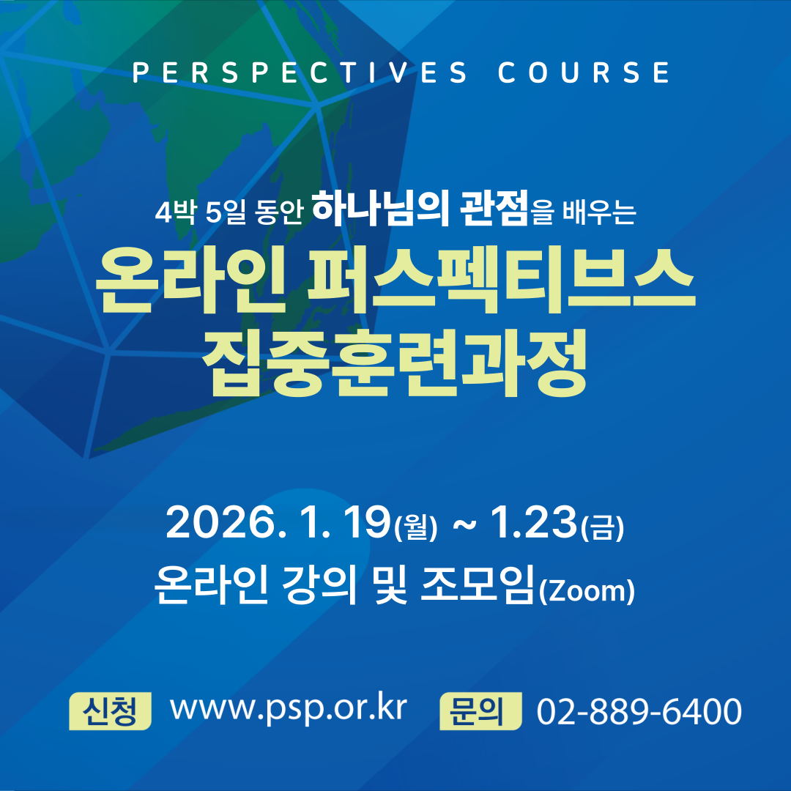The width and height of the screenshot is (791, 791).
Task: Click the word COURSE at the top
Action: click(584, 72)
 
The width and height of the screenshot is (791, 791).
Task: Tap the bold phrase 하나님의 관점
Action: click(420, 208)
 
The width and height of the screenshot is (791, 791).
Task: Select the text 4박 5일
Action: click(200, 212)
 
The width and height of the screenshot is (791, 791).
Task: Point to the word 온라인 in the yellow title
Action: click(191, 281)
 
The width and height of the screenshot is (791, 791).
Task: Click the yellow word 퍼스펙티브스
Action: click(502, 281)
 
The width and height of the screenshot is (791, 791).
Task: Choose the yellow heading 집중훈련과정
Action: click(395, 363)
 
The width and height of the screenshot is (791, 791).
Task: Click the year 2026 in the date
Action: click(220, 523)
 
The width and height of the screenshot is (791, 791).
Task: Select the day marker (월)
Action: click(416, 527)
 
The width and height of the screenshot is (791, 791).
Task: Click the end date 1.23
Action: click(534, 522)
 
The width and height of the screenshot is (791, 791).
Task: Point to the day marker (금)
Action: click(602, 527)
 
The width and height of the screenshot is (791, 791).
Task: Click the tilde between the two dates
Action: click(464, 525)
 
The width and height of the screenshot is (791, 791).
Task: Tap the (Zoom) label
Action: click(587, 591)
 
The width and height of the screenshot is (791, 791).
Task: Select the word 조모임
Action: click(478, 584)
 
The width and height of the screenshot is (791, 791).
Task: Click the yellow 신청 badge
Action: click(110, 710)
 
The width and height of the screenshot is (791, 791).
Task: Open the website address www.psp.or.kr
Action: click(289, 709)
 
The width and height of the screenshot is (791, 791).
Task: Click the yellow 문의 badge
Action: click(480, 710)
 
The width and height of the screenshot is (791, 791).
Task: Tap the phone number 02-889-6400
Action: click(639, 711)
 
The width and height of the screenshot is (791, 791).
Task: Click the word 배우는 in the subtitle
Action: click(599, 212)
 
